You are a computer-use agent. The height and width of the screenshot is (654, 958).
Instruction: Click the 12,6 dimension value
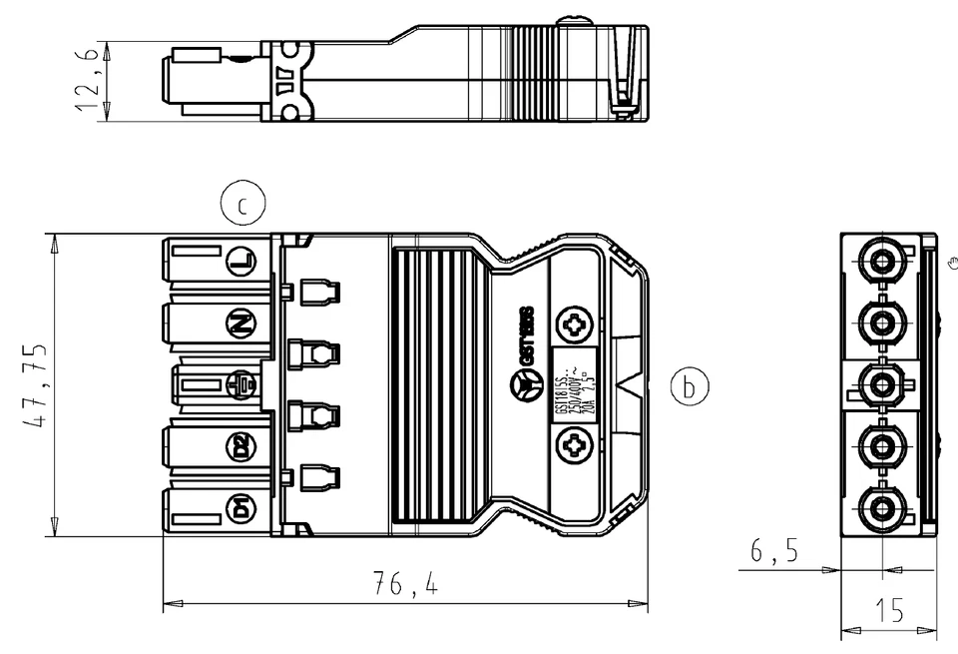(87, 82)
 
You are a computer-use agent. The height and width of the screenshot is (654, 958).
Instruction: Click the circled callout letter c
(240, 206)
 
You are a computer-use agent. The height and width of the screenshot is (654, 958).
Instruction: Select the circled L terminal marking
(240, 263)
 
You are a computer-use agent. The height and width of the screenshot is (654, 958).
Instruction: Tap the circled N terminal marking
(240, 324)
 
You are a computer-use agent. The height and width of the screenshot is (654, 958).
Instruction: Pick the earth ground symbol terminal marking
(240, 384)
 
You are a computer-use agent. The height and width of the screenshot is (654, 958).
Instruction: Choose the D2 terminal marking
(240, 446)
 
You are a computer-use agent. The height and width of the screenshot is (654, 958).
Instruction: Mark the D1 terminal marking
(240, 507)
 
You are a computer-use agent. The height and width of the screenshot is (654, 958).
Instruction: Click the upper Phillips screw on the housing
(575, 327)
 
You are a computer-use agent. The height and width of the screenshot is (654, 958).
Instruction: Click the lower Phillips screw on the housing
(575, 442)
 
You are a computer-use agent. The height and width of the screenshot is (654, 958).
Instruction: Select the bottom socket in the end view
(882, 508)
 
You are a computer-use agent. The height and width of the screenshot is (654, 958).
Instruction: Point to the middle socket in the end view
(882, 384)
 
